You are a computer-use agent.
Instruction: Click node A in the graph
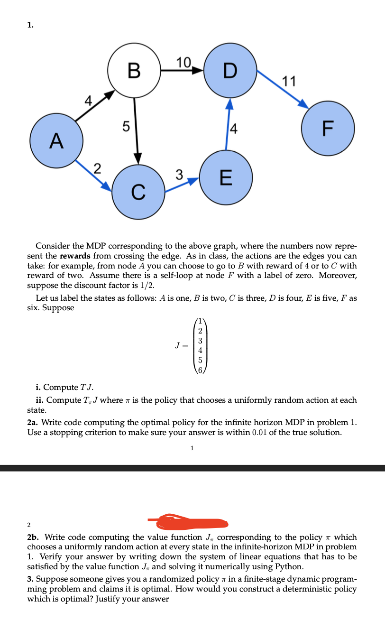coord(57,140)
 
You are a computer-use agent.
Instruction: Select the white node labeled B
coord(135,71)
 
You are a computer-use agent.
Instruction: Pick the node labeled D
coord(230,71)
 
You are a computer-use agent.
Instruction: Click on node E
coord(226,179)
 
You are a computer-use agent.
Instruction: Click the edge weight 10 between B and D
coord(183,62)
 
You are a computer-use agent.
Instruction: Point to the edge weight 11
coord(289,81)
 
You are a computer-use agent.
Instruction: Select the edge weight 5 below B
coord(125,127)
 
